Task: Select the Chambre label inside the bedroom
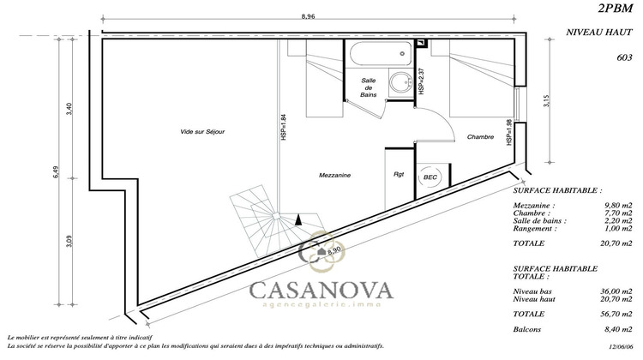click(x=481, y=137)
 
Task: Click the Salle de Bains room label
click(x=367, y=88)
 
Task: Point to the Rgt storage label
click(x=398, y=175)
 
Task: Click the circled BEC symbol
click(x=429, y=177)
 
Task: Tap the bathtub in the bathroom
click(x=378, y=55)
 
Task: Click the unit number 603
click(x=624, y=57)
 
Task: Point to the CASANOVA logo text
click(x=321, y=290)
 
